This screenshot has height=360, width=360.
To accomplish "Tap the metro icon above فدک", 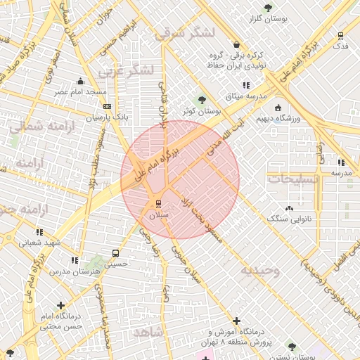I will click(341, 35).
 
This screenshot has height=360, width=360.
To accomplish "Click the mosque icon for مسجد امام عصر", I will click(82, 81).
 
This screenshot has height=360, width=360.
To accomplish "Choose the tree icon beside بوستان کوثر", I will click(202, 99).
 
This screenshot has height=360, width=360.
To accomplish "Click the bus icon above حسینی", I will click(115, 253).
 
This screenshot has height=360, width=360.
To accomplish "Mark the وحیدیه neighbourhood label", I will click(259, 270).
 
